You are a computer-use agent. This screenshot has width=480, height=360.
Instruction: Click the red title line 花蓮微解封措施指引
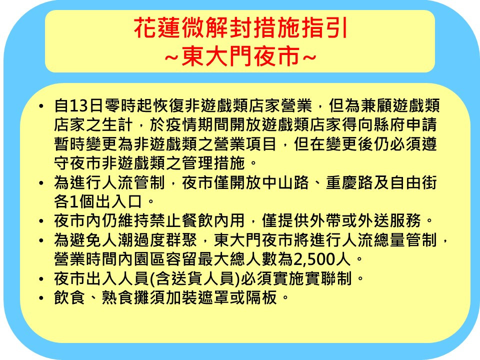coord(241,28)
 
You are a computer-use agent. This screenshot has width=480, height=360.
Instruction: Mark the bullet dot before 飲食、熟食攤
coord(41,298)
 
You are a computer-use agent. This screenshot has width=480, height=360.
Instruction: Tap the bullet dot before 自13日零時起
coord(41,106)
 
